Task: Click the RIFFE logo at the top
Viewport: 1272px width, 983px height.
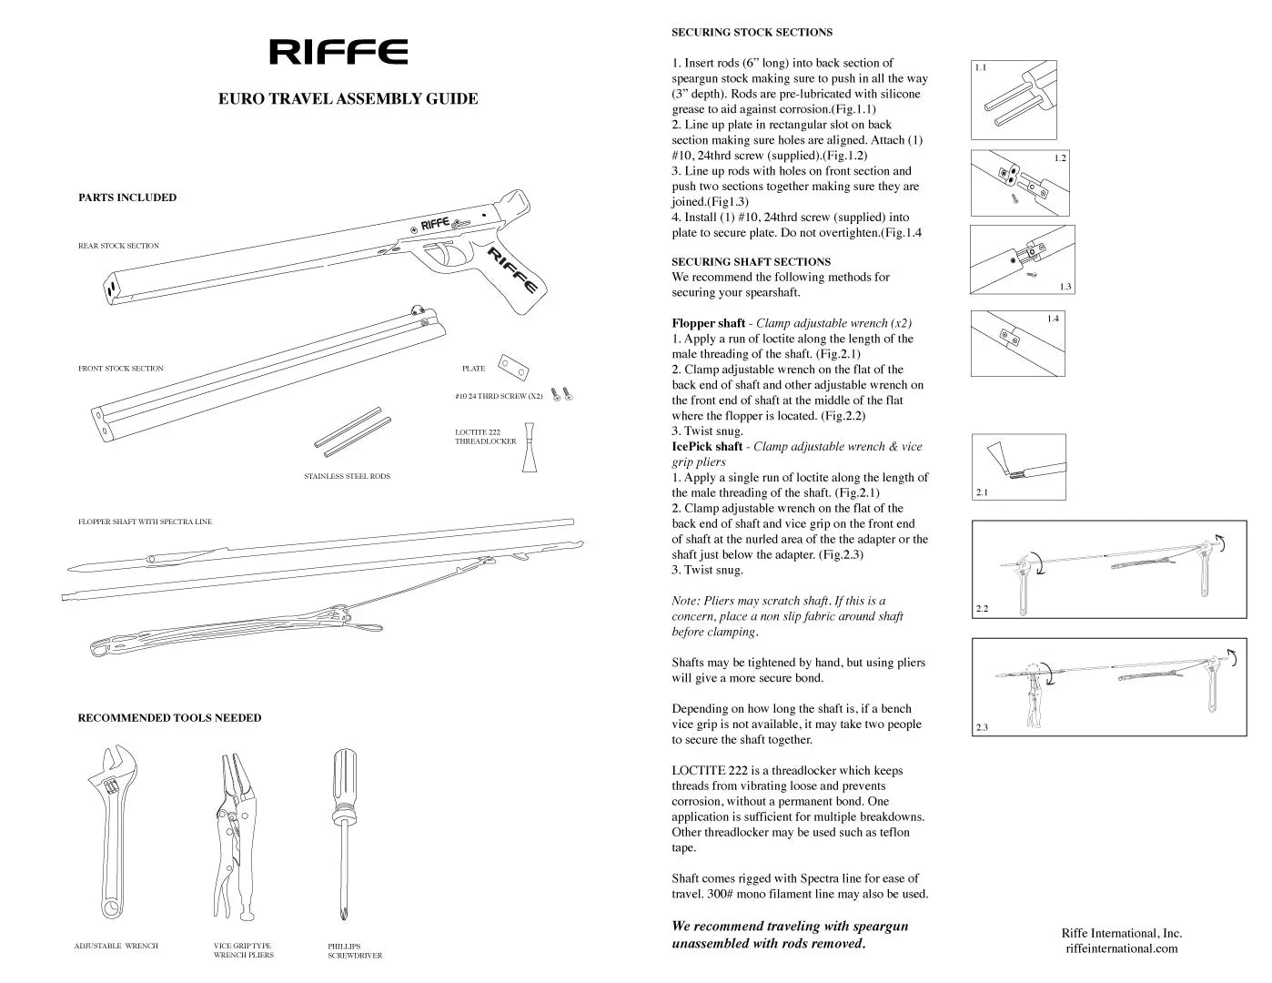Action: click(x=338, y=52)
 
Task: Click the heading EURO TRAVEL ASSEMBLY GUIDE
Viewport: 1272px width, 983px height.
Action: click(x=348, y=99)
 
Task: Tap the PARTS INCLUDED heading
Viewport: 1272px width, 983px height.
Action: click(x=127, y=198)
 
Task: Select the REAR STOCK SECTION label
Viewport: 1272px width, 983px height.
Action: click(x=118, y=246)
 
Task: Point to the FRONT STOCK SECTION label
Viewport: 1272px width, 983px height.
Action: click(x=121, y=369)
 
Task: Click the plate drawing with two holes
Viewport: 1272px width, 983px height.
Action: click(x=514, y=367)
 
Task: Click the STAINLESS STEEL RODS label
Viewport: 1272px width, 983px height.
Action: click(x=347, y=476)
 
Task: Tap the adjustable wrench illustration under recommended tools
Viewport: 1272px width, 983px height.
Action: click(x=114, y=828)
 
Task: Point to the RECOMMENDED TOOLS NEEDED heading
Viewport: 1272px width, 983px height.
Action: click(x=169, y=718)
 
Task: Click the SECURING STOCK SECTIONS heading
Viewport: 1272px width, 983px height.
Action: click(x=752, y=32)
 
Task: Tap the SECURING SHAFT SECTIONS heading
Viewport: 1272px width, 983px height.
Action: click(x=751, y=261)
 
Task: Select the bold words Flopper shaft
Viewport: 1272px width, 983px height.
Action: click(x=708, y=323)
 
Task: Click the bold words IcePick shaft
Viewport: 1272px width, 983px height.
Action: click(x=707, y=447)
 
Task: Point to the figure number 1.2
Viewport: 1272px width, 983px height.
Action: click(x=1060, y=158)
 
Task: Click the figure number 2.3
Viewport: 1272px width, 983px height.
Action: click(x=982, y=726)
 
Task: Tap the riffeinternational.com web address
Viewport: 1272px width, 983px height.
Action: click(x=1121, y=948)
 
